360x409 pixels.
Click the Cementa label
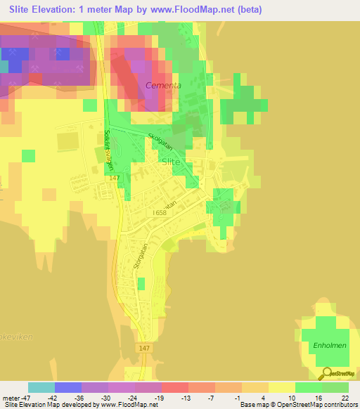click(163, 85)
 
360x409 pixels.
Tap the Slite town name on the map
click(171, 161)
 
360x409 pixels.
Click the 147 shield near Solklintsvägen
click(115, 178)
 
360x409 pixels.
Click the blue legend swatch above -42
click(68, 387)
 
